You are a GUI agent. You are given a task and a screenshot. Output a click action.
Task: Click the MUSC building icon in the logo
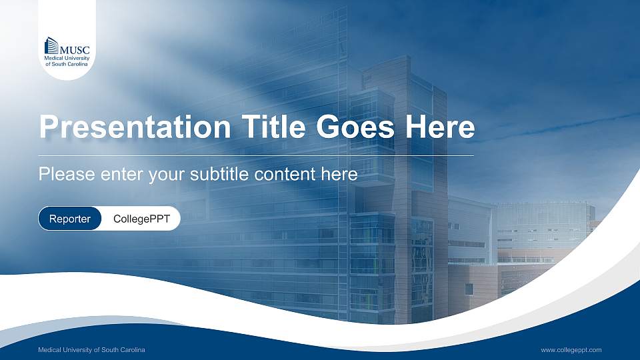pyautogui.click(x=51, y=45)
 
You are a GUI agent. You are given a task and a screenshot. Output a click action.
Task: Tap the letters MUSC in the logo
pyautogui.click(x=75, y=49)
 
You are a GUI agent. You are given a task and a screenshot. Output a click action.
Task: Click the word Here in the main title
pyautogui.click(x=443, y=127)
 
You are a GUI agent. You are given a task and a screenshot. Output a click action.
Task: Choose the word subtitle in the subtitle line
pyautogui.click(x=220, y=175)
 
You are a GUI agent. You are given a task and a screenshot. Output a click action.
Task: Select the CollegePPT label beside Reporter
pyautogui.click(x=141, y=219)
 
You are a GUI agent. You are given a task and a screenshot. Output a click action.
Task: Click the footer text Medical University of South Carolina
pyautogui.click(x=91, y=350)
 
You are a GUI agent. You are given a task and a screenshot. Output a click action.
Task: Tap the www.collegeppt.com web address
pyautogui.click(x=571, y=350)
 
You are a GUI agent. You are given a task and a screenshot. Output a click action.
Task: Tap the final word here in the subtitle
pyautogui.click(x=341, y=175)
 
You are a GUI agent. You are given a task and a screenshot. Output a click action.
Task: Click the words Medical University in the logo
pyautogui.click(x=67, y=58)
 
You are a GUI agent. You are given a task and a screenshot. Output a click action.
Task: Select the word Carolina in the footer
pyautogui.click(x=131, y=350)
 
